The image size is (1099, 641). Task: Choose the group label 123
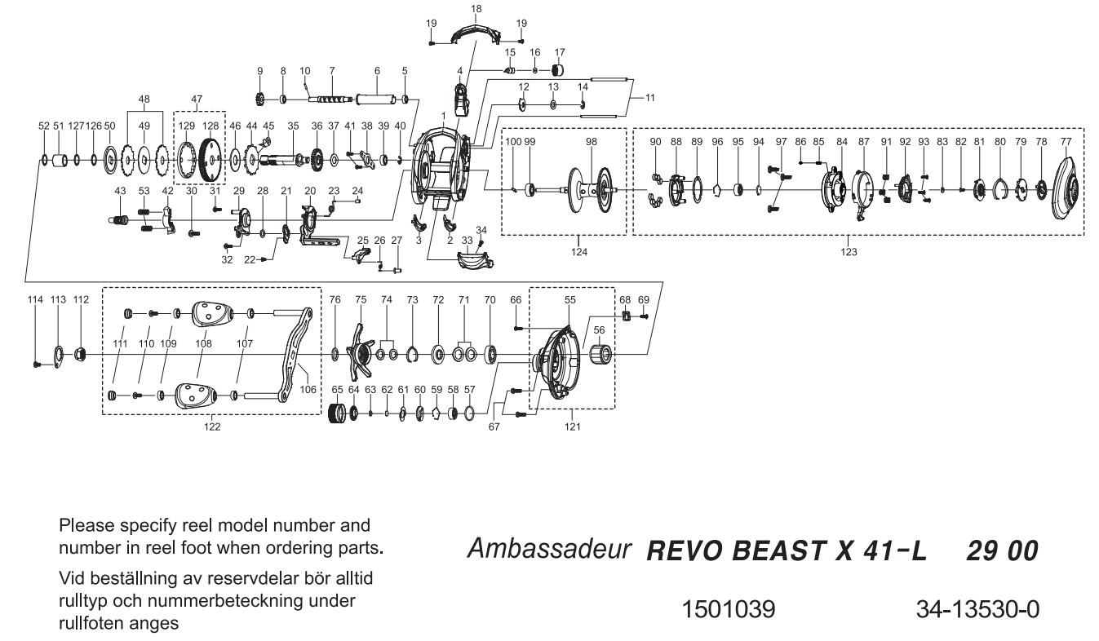pos(849,251)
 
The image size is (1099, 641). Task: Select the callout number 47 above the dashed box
pos(196,99)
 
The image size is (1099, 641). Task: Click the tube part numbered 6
pos(377,99)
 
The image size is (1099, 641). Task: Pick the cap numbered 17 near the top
pos(561,69)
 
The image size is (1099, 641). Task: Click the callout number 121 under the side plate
pos(573,426)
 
